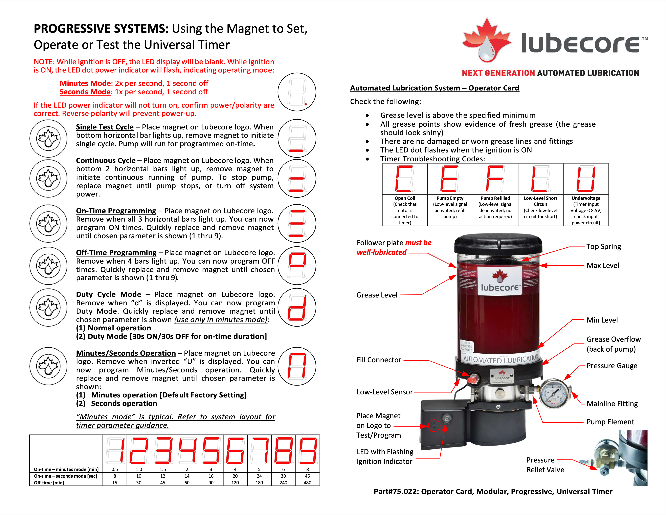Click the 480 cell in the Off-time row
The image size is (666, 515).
coord(307,483)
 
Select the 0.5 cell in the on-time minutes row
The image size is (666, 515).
coord(115,469)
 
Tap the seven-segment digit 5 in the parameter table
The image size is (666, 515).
coord(211,450)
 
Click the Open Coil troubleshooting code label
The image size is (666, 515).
coord(405,198)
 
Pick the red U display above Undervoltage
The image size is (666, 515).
coord(586,179)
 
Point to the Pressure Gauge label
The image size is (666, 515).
coord(612,366)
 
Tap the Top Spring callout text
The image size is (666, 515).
coord(603,247)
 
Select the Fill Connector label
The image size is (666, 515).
coord(379,360)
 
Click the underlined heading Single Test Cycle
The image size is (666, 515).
coord(105,127)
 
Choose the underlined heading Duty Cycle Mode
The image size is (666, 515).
coord(109,294)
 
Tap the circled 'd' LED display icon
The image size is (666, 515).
coord(297,307)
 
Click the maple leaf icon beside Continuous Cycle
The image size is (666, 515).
coord(48,179)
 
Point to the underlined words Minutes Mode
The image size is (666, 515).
coord(85,83)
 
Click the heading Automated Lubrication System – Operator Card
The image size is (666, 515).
coord(434,88)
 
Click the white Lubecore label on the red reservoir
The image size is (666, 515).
coord(499,281)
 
